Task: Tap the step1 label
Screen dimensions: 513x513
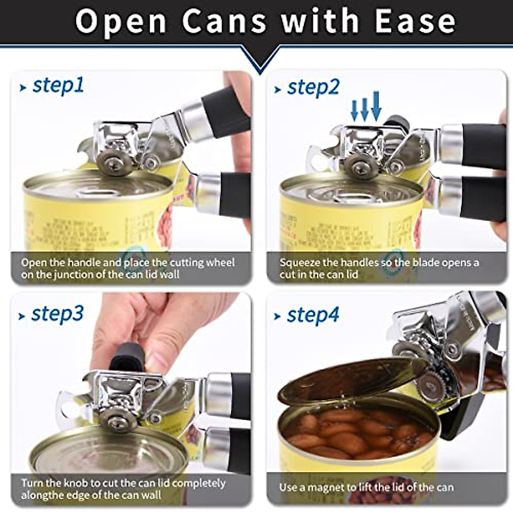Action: (58, 85)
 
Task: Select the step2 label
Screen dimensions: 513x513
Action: (313, 87)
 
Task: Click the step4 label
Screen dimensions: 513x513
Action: (313, 315)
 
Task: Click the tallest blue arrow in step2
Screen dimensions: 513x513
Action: (376, 106)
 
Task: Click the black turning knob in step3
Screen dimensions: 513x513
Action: (127, 357)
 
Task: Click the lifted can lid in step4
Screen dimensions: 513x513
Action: (351, 380)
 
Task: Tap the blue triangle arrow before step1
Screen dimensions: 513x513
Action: (23, 88)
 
